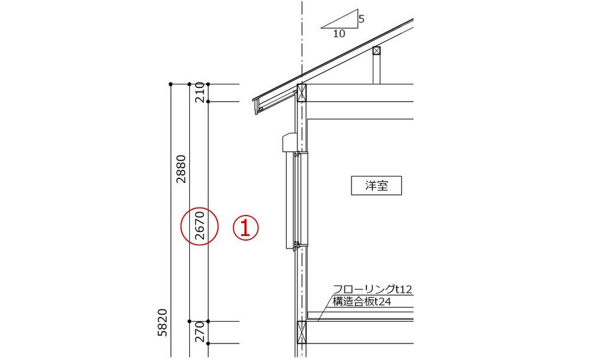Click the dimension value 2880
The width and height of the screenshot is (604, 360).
tap(181, 169)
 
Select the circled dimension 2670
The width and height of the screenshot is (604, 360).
tap(199, 226)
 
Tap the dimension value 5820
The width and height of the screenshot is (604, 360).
tap(163, 323)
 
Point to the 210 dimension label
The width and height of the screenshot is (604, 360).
tap(199, 93)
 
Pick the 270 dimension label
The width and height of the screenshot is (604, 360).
tap(199, 332)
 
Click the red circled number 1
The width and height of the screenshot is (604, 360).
tap(245, 228)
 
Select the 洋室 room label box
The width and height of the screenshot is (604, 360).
tap(376, 185)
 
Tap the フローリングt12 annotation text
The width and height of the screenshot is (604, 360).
tap(372, 289)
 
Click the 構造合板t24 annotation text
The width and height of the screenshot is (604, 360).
tap(362, 302)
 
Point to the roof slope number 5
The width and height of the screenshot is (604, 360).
tap(362, 19)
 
